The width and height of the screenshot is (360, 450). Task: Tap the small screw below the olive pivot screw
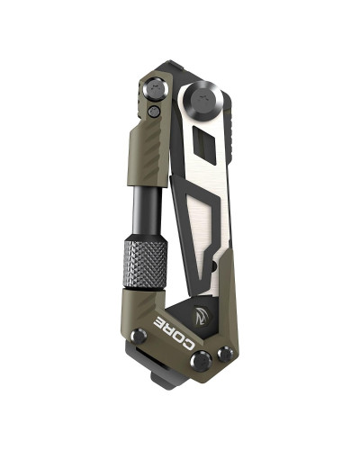156,112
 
